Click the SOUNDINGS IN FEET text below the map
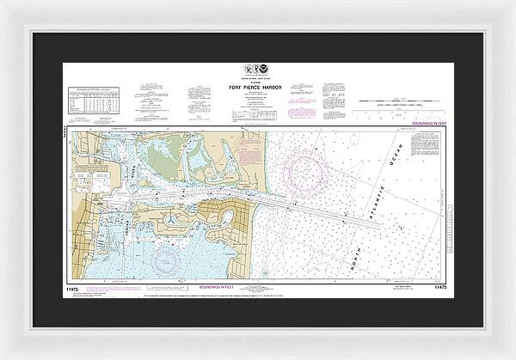[x=258, y=274]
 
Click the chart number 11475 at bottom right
[x=436, y=275]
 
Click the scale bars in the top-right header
[x=396, y=101]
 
